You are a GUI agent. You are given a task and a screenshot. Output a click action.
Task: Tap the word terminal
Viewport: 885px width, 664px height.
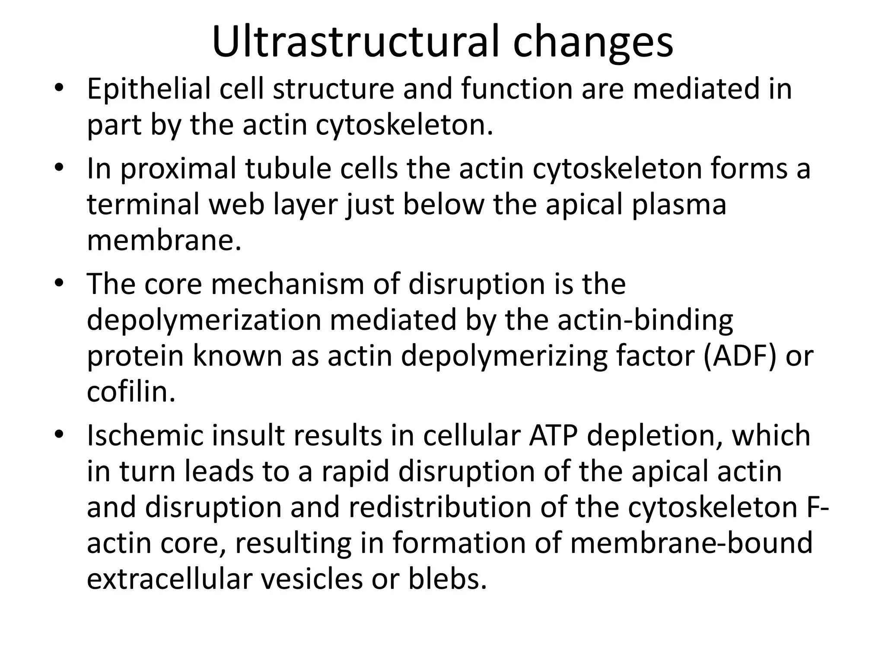pos(143,204)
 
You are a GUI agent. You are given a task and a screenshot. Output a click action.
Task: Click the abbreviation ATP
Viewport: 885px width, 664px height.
pos(554,435)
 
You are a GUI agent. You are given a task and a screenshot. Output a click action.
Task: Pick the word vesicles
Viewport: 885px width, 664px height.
pos(312,579)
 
